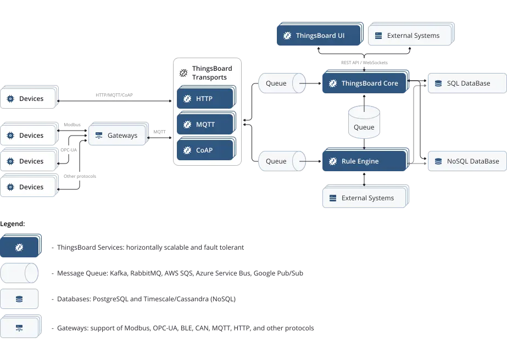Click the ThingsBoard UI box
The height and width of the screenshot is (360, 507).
pos(320,36)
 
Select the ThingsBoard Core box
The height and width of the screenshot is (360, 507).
pos(364,83)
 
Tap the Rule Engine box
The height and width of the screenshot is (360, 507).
pos(364,161)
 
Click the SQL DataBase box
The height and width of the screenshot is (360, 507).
pos(466,83)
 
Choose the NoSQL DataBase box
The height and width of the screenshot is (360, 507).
pos(466,161)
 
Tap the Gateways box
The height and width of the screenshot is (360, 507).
pos(118,135)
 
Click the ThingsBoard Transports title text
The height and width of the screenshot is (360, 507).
pos(212,73)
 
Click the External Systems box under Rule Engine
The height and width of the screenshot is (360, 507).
pos(365,198)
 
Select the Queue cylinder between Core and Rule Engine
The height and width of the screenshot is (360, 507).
pos(364,122)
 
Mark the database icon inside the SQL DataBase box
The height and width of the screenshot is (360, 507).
pos(438,83)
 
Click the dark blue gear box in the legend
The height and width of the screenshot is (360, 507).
pos(19,248)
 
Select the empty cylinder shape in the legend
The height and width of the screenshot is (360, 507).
pos(19,273)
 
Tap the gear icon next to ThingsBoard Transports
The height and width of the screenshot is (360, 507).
pos(184,73)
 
